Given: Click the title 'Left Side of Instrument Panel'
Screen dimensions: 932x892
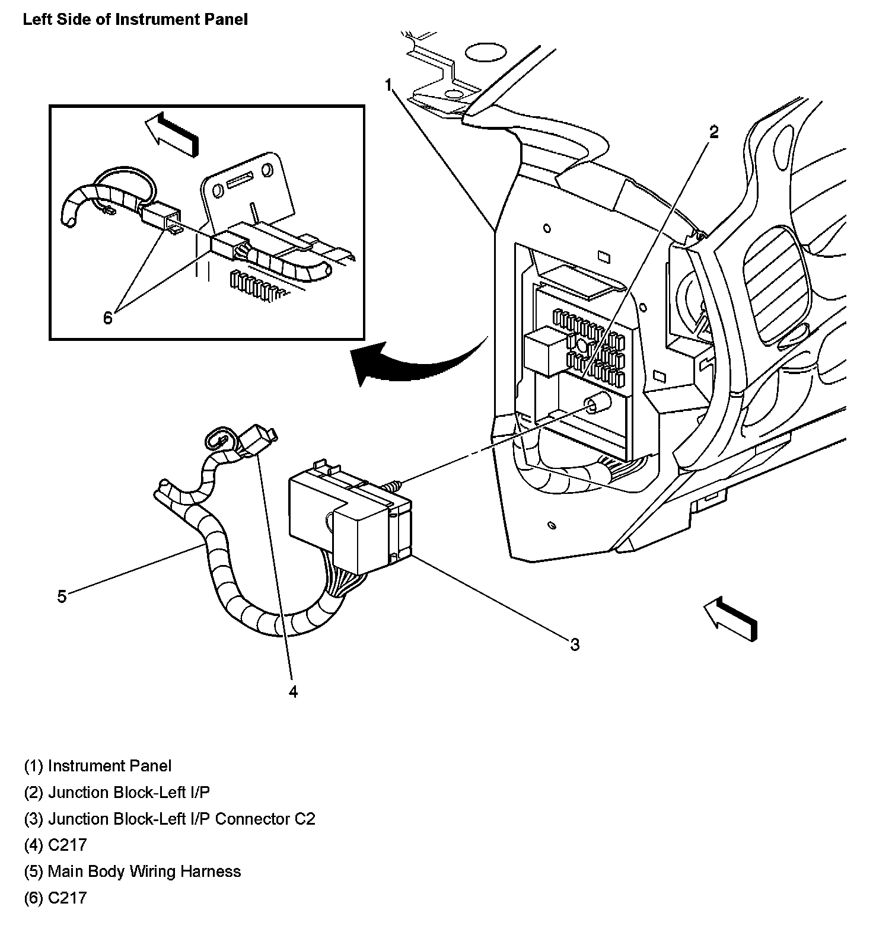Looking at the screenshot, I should (135, 20).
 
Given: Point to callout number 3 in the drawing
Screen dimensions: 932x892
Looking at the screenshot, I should (574, 644).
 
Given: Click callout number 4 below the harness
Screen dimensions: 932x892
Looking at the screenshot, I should (293, 691).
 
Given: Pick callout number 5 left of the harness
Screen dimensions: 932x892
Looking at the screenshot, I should (62, 596).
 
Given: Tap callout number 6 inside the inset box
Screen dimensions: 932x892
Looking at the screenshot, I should (107, 318).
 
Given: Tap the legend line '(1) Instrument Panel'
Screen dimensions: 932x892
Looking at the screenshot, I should (98, 766).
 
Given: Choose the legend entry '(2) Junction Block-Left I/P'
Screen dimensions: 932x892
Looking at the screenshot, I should (117, 792).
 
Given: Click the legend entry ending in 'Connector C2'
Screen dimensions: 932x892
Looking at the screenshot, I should (170, 819).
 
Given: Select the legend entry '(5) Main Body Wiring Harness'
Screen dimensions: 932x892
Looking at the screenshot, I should (132, 872).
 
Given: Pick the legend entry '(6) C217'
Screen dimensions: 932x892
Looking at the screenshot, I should (55, 898).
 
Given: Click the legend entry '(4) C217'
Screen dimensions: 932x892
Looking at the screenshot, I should (55, 845).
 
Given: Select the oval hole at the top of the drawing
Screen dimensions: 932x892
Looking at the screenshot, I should (485, 52).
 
